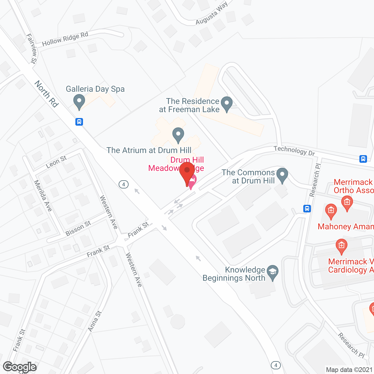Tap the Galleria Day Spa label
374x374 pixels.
coord(95,89)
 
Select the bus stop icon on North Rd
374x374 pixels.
coord(79,122)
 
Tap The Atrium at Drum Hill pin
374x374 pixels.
coord(178,135)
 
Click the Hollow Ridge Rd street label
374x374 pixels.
coord(65,39)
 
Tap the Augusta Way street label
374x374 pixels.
coord(212,14)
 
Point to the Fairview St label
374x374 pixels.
coord(32,48)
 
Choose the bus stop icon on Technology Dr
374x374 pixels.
coord(363,159)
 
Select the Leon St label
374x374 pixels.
coord(56,162)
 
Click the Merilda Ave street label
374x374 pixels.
coord(43,195)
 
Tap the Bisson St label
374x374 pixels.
coord(78,228)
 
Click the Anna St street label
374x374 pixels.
coord(95,321)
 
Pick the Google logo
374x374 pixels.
coord(20,367)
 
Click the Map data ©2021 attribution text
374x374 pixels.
coord(349,370)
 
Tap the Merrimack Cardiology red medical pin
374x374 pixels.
coord(341,246)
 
